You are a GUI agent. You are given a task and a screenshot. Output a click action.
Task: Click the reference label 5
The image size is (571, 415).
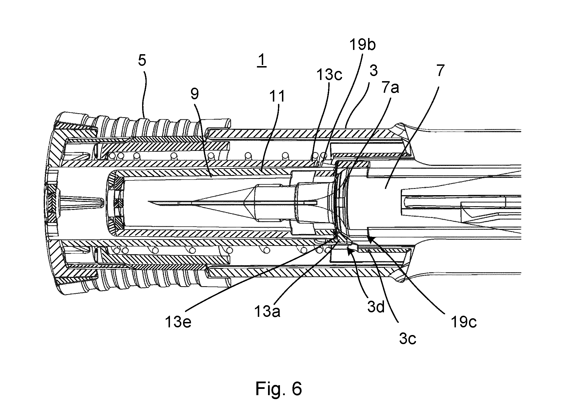click(x=142, y=60)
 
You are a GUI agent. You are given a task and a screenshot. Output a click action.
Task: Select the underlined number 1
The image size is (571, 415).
click(x=261, y=61)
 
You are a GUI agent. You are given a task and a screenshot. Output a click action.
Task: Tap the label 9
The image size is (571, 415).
click(x=195, y=94)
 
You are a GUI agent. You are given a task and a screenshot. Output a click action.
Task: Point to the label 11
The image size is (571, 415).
click(x=277, y=96)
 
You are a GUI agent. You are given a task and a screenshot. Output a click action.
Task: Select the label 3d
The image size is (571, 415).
click(x=376, y=307)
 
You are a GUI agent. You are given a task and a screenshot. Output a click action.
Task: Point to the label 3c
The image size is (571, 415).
click(x=408, y=338)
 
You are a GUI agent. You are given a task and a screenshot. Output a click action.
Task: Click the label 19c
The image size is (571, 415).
click(x=464, y=322)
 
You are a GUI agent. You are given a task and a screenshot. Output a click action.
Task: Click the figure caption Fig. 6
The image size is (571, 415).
click(x=279, y=389)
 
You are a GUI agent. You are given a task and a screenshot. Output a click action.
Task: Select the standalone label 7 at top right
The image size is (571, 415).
click(x=440, y=71)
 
